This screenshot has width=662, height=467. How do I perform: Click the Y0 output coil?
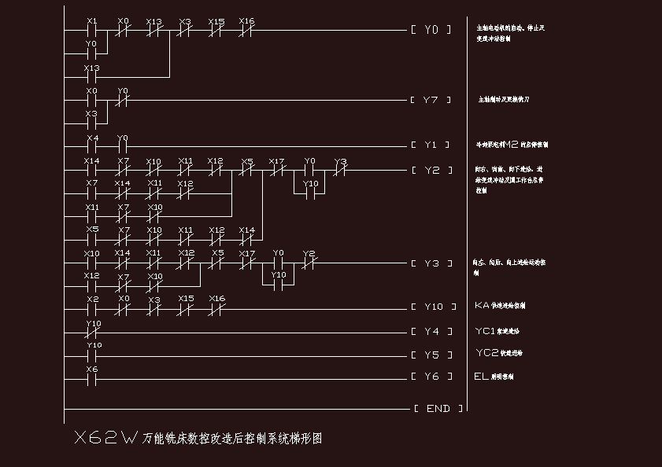(431, 30)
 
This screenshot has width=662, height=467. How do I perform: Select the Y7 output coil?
(431, 101)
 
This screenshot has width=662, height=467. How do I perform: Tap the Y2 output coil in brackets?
(431, 170)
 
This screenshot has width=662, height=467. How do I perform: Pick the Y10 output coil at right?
(432, 307)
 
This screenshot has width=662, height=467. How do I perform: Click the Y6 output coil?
(431, 377)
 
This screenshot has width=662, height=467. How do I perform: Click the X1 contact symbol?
(92, 31)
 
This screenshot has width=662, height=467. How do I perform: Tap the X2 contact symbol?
(92, 309)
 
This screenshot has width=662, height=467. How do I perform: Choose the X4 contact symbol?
(92, 146)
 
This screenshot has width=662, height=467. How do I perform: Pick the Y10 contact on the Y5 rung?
(93, 355)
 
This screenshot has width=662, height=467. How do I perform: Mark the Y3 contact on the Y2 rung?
(340, 170)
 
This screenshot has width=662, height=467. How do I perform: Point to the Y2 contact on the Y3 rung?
(309, 263)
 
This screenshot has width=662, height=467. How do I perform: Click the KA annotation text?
(483, 305)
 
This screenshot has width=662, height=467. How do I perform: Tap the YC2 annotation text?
(488, 353)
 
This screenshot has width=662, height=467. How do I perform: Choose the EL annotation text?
(481, 377)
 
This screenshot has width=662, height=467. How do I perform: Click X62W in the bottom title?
(105, 438)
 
